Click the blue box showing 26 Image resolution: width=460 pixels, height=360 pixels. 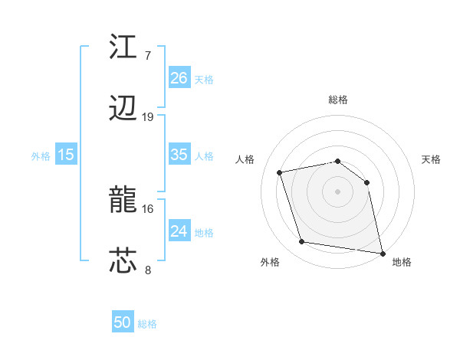click(179, 78)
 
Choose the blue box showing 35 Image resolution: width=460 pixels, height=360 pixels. click(179, 155)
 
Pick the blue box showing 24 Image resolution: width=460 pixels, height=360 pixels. click(179, 231)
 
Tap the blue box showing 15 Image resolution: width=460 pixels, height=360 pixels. click(66, 155)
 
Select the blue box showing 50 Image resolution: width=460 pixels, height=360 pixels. click(122, 322)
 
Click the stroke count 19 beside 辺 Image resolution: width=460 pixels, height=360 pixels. click(148, 117)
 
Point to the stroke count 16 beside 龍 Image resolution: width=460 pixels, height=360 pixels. click(148, 208)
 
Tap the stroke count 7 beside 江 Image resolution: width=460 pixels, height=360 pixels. click(147, 55)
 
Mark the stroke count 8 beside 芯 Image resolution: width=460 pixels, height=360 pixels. click(147, 270)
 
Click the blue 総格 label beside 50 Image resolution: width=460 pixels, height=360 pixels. click(147, 324)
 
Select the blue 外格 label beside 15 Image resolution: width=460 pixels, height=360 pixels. click(41, 156)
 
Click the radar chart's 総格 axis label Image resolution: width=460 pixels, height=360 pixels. click(337, 100)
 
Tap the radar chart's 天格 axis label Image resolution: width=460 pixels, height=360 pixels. click(431, 159)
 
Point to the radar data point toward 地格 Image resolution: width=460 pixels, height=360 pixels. click(381, 252)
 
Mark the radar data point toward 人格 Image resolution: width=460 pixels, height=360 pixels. click(280, 172)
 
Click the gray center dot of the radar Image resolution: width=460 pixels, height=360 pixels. click(337, 191)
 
